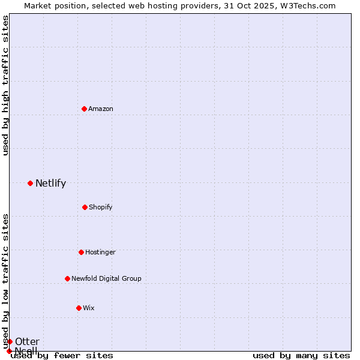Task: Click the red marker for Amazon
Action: point(84,109)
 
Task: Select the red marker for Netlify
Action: point(30,183)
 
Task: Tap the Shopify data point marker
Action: point(85,207)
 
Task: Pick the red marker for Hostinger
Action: point(81,252)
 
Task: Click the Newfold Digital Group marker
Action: point(67,278)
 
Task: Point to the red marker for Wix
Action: point(79,308)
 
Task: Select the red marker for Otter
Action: point(10,341)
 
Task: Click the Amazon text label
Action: point(101,109)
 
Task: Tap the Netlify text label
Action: point(50,184)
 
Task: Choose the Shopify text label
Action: point(101,207)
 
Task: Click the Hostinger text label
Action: point(100,252)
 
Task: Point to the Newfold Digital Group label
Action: point(106,278)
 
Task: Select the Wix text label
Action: point(89,308)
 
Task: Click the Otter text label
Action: point(27,342)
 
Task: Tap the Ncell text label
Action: point(26,350)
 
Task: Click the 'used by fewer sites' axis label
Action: point(62,355)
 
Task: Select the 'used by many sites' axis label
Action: point(301,355)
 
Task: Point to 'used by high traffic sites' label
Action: point(5,86)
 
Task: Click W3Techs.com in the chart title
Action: point(309,5)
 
